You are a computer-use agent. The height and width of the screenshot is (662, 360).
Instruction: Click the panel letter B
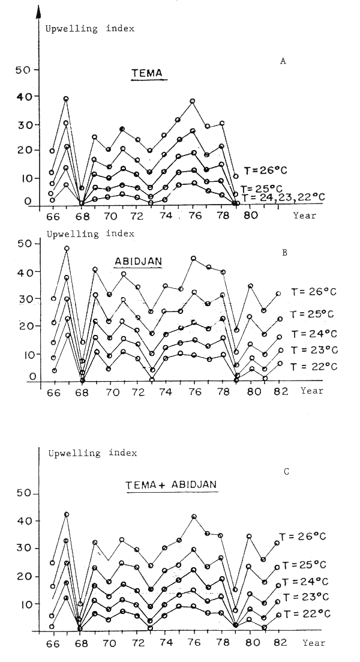click(x=284, y=252)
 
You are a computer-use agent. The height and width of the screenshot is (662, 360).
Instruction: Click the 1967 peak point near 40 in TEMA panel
click(x=66, y=98)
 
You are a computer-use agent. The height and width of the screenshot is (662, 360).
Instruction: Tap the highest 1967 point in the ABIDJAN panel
click(x=66, y=248)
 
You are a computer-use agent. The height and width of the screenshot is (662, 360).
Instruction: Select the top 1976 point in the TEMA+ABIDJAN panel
click(x=193, y=516)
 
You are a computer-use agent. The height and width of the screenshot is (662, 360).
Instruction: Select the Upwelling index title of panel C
click(x=92, y=453)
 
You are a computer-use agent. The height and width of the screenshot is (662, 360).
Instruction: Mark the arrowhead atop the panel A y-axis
click(x=38, y=11)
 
